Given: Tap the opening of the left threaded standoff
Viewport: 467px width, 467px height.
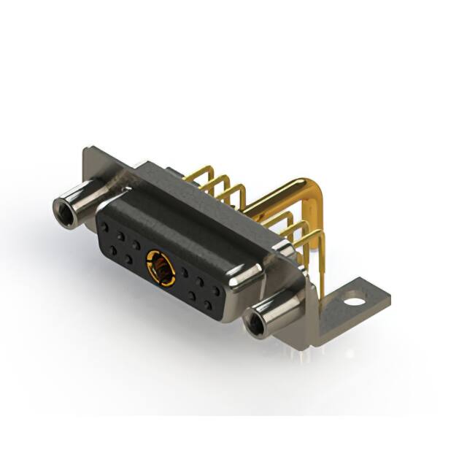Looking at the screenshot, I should pos(63,211).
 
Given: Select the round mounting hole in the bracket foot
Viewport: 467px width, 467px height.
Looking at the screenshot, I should pos(353,299).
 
